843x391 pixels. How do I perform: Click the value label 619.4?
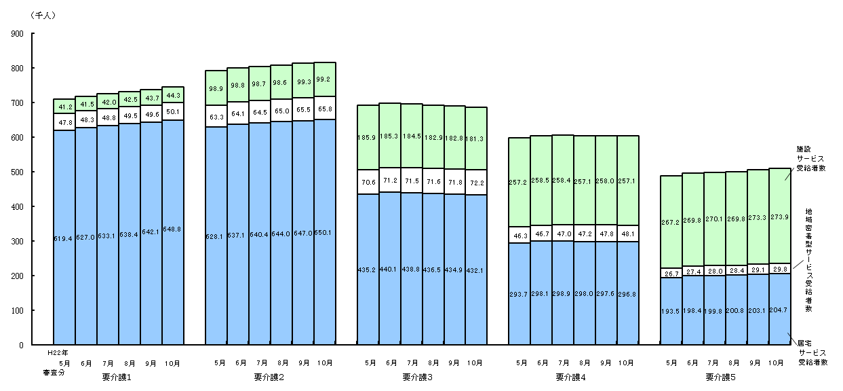[x=64, y=239]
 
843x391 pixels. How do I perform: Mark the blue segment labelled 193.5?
[x=671, y=312]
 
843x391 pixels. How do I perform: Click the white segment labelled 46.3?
[x=519, y=235]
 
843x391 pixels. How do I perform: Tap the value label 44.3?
[x=172, y=95]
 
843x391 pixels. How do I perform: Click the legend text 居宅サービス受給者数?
[x=812, y=353]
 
